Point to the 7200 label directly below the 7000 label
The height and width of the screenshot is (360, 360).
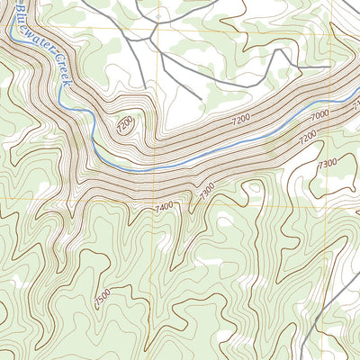tap(310, 136)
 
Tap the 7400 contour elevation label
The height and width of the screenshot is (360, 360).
tap(164, 207)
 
